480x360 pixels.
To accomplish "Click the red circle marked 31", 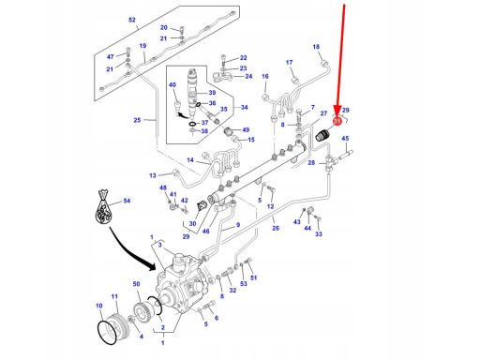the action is (x=337, y=121).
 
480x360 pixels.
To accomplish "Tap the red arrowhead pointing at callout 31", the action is (x=337, y=111).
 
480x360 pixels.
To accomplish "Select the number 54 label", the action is (x=127, y=201).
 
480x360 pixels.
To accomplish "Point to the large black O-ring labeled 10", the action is (x=109, y=332).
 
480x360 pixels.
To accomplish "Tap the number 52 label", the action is (x=132, y=20).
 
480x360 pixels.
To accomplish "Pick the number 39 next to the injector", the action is (x=212, y=93).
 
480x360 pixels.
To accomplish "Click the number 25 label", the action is (x=137, y=120).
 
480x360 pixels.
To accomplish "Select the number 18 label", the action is (x=316, y=47).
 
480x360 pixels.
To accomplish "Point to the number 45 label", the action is (x=345, y=139).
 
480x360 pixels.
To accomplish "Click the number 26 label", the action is (x=276, y=228).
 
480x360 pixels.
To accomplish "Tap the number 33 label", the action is (x=319, y=233).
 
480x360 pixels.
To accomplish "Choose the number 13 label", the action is (x=153, y=175).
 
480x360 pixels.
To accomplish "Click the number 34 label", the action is (x=245, y=108).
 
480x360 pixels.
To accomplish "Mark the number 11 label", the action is (x=114, y=296).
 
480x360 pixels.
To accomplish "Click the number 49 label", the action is (x=246, y=130).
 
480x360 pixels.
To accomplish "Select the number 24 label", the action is (x=248, y=76).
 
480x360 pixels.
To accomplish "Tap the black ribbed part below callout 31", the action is (x=322, y=136).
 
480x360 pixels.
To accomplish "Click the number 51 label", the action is (x=254, y=277).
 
